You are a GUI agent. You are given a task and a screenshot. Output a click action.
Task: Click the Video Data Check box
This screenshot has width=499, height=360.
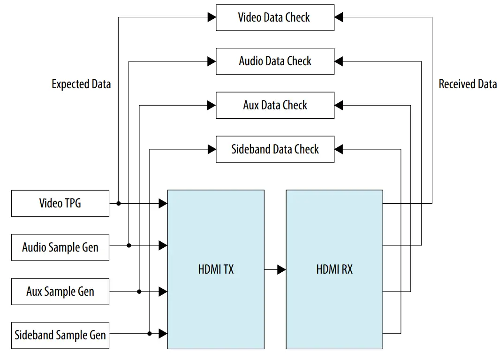(275, 18)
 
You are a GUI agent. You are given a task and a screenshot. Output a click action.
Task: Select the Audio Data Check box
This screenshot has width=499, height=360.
(275, 61)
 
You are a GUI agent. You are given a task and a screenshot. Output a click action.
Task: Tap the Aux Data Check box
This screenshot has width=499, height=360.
(275, 105)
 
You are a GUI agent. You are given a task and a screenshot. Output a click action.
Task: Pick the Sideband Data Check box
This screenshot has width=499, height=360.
(275, 149)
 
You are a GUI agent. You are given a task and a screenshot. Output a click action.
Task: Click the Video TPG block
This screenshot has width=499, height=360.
(60, 203)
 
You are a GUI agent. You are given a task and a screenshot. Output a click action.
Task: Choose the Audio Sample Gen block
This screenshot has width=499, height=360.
(60, 247)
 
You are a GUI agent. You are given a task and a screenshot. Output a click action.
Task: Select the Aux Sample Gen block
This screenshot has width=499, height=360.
(60, 291)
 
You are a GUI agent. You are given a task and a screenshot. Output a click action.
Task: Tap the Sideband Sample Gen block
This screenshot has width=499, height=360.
(60, 335)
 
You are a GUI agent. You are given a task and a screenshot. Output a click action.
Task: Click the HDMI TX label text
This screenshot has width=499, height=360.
(216, 269)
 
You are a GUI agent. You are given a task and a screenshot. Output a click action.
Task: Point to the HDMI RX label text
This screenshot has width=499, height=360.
(334, 269)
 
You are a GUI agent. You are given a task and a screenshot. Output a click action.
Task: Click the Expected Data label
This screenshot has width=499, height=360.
(81, 84)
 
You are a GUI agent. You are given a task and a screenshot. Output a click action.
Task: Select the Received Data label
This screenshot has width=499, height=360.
(467, 84)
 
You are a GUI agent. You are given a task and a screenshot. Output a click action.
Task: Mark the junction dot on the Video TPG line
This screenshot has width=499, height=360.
(119, 203)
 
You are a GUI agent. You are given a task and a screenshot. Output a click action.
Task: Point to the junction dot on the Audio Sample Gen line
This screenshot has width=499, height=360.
(129, 245)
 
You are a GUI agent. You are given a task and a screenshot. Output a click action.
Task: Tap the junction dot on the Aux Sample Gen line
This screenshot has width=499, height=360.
(139, 291)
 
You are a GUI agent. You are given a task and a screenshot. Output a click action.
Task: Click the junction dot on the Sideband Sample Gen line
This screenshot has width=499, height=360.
(150, 334)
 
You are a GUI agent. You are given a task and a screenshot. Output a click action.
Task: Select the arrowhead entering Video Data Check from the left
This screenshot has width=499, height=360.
(212, 18)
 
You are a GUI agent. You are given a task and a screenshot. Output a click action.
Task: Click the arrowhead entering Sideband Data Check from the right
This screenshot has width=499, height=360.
(339, 149)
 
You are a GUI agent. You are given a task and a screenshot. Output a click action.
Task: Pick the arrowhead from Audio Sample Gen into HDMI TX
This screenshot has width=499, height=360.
(163, 245)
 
